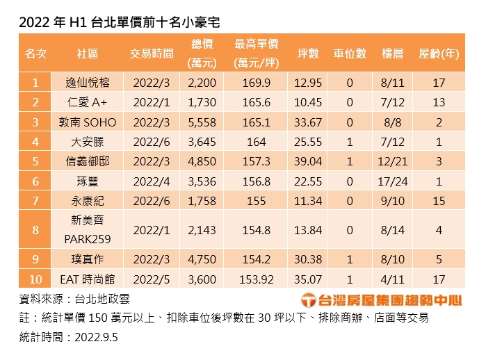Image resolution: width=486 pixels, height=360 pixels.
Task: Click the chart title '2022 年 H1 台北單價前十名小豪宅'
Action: point(119,22)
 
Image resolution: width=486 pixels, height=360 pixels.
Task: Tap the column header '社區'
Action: point(88,54)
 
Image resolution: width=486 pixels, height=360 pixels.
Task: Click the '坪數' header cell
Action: point(308,54)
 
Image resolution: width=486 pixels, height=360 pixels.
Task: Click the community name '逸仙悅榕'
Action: point(88,83)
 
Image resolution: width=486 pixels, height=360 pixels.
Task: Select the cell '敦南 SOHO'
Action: point(88,122)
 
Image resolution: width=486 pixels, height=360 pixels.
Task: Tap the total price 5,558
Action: point(202,122)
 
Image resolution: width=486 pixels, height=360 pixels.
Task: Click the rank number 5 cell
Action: point(35,161)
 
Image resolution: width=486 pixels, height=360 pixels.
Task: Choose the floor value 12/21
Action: point(393,161)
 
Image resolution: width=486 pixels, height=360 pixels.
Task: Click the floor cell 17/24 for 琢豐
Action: point(393,181)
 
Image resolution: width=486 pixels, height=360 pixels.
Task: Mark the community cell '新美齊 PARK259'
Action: point(88,229)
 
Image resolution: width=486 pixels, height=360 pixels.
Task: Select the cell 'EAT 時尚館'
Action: point(88,279)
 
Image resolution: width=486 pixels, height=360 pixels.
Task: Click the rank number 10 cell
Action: point(35,279)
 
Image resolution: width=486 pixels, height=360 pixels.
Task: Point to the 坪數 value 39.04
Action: point(308,161)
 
